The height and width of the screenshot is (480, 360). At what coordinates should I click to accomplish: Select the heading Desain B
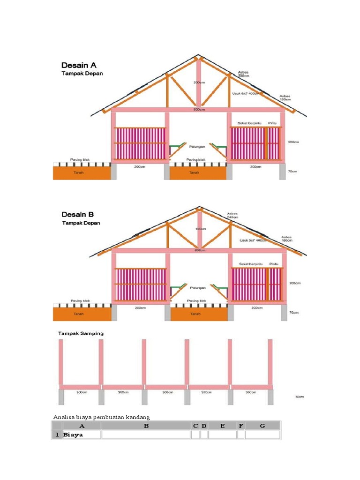click(x=78, y=215)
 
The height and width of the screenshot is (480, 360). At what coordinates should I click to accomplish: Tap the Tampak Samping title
click(x=81, y=333)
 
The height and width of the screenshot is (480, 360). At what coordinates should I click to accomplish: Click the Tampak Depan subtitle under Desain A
click(x=82, y=74)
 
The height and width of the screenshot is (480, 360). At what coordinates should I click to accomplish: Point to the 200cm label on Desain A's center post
click(x=199, y=82)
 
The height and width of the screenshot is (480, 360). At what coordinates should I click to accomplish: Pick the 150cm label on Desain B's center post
click(x=200, y=229)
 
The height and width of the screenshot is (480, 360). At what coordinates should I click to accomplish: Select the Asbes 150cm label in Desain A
click(x=285, y=97)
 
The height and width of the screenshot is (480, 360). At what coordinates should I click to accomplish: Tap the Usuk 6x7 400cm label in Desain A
click(x=246, y=93)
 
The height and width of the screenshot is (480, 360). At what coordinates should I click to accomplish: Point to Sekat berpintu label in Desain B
click(x=249, y=264)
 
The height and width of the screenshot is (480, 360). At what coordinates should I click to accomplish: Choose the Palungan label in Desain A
click(x=197, y=146)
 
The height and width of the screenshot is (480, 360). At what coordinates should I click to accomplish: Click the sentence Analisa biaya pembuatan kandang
click(x=103, y=417)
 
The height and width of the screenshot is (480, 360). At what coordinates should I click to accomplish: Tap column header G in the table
click(x=262, y=426)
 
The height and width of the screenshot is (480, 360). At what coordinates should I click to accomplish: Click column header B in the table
click(x=146, y=426)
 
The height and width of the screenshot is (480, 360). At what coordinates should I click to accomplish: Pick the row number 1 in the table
click(x=57, y=435)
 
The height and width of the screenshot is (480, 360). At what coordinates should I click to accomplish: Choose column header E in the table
click(x=222, y=426)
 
